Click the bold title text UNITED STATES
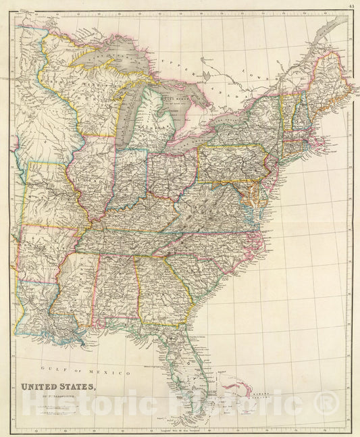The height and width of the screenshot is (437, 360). click(60, 387)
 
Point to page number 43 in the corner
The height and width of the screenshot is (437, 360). click(351, 5)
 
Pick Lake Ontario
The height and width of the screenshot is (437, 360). click(230, 112)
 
